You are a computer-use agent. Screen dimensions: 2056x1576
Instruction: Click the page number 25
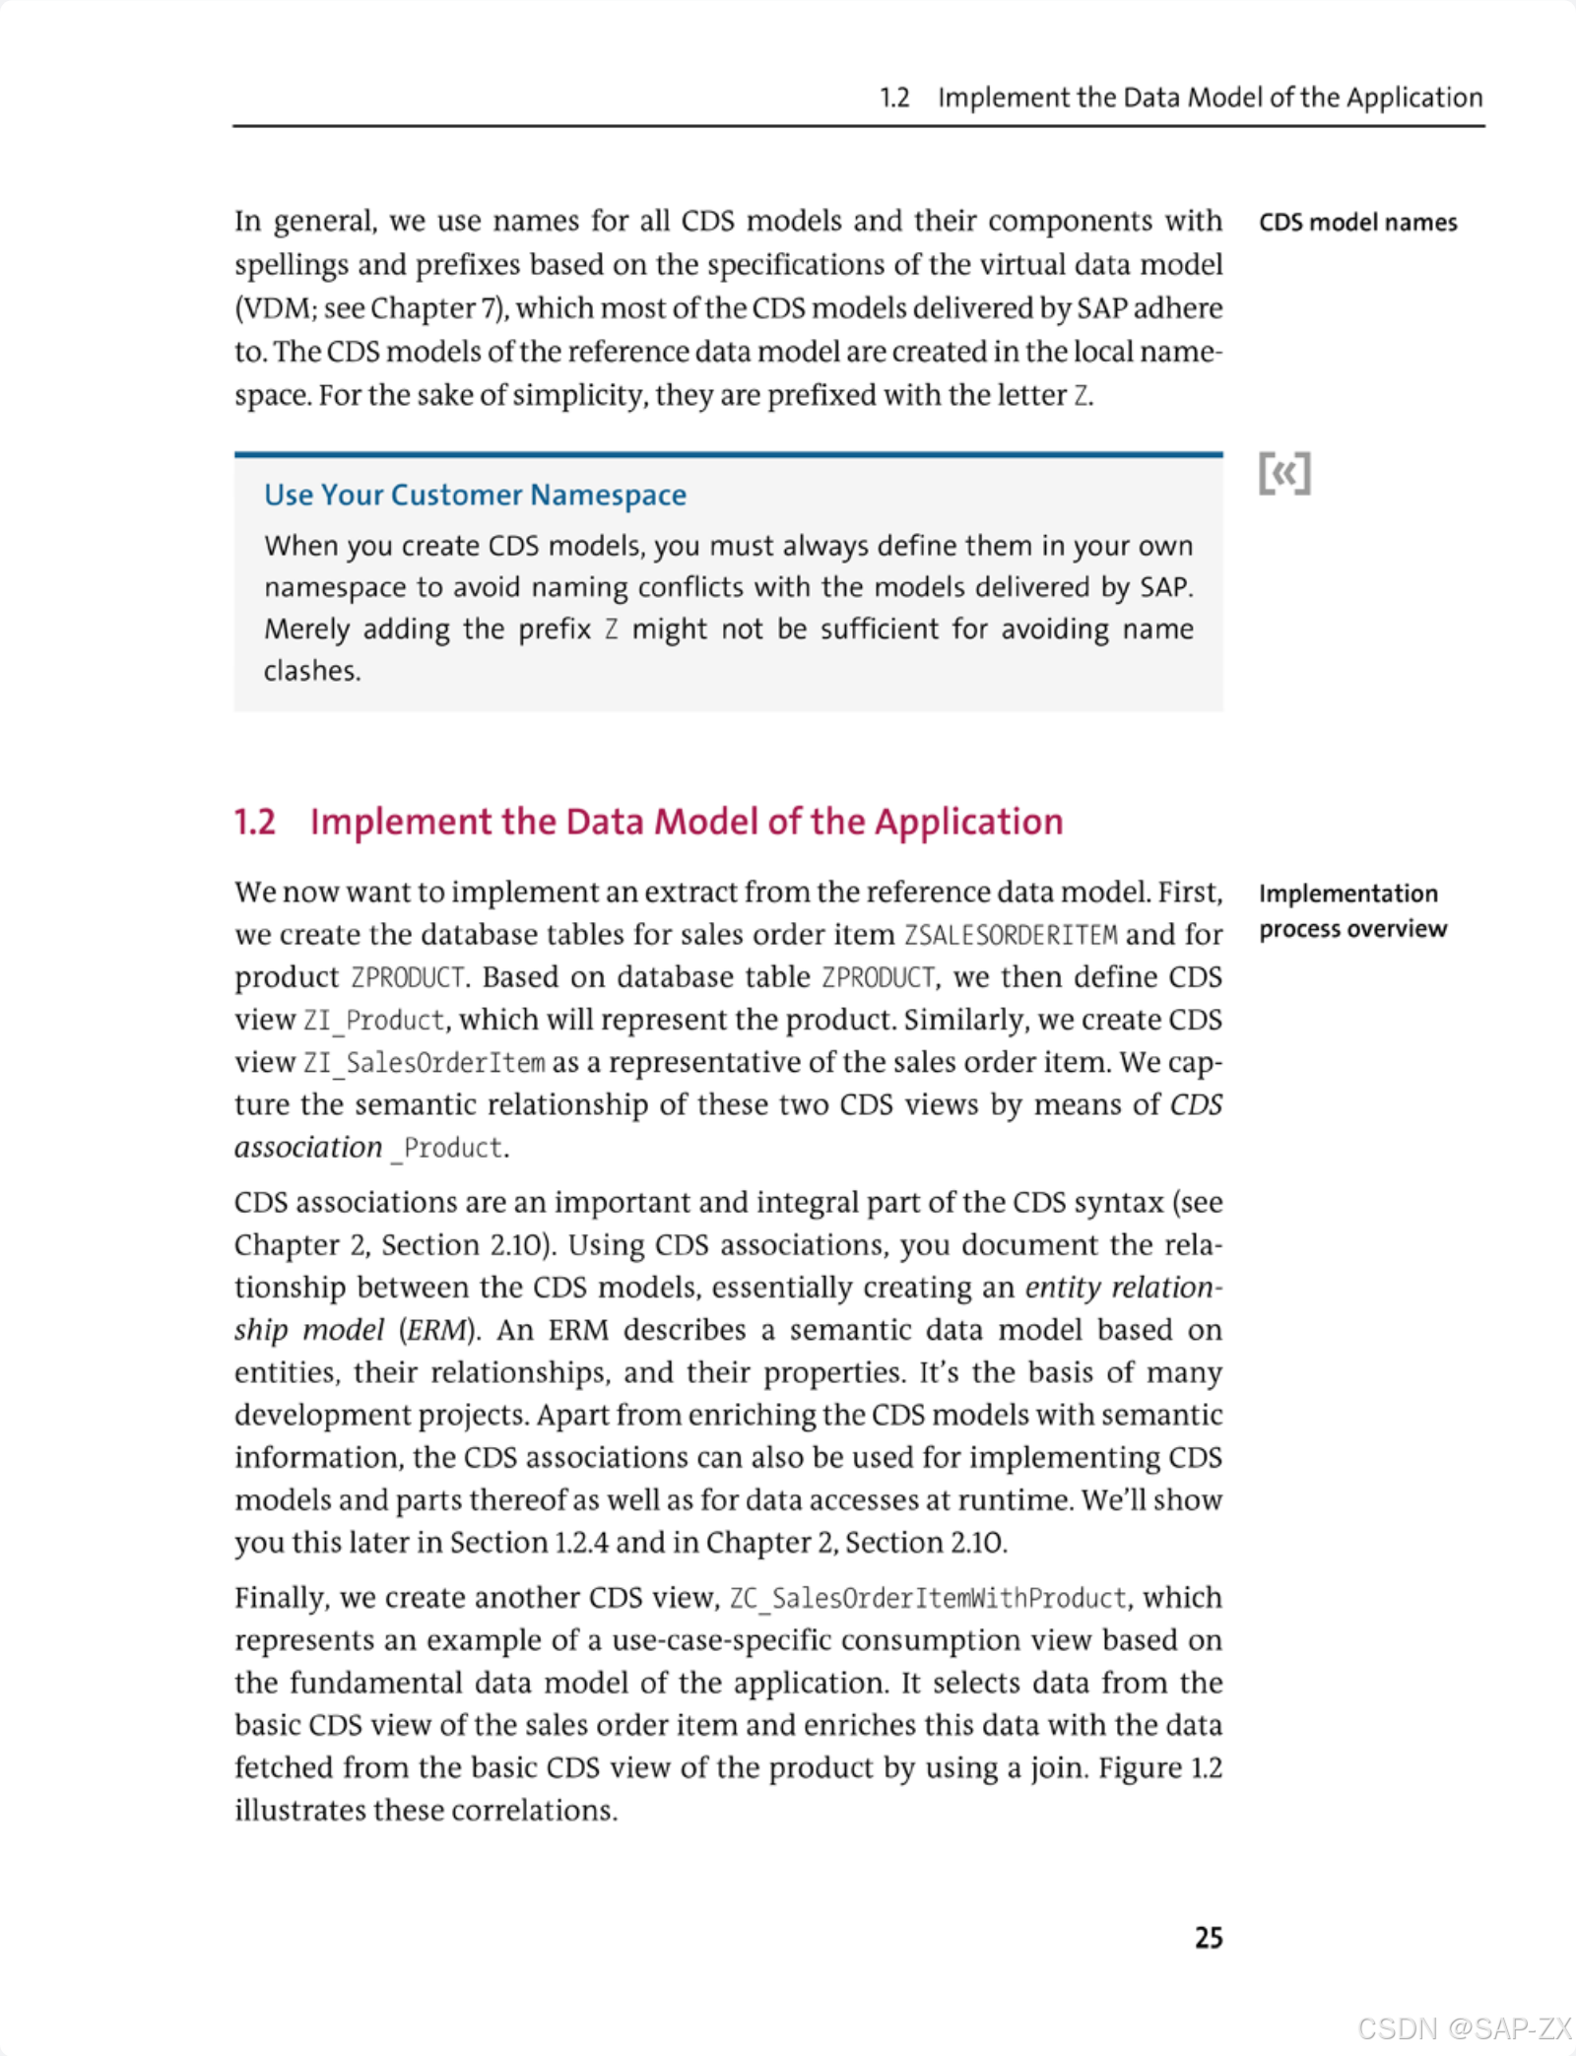click(1209, 1937)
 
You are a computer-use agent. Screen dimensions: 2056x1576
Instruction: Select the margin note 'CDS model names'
click(1357, 223)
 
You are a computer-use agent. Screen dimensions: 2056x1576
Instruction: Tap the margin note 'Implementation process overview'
click(1352, 911)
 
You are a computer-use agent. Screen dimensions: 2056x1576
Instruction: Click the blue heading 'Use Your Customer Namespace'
click(475, 495)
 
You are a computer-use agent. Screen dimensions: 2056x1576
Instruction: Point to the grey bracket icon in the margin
click(1284, 474)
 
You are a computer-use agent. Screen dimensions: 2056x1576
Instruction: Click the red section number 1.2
click(255, 822)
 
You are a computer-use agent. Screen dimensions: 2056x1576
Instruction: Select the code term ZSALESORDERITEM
click(1011, 935)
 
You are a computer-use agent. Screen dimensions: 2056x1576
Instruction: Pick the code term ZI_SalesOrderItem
click(424, 1063)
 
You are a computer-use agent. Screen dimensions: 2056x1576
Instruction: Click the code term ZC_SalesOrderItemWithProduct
click(928, 1598)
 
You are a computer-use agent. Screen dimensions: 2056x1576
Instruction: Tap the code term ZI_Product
click(374, 1021)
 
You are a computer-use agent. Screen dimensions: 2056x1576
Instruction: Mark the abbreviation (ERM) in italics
click(438, 1330)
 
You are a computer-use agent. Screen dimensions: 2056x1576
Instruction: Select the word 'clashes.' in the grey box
click(312, 671)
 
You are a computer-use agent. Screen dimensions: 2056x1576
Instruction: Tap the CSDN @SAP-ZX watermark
click(1464, 2028)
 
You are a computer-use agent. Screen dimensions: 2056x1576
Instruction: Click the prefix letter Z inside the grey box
click(612, 630)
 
